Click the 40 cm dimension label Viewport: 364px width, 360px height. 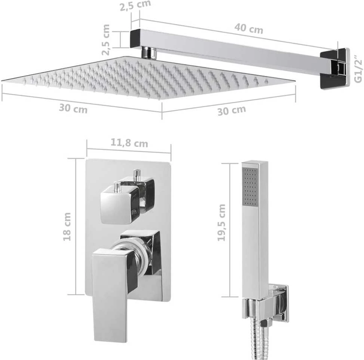(249, 28)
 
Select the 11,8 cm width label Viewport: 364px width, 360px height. (129, 143)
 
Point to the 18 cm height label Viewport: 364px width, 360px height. (67, 226)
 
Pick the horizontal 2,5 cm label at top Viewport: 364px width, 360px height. (135, 5)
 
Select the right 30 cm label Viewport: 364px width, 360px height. (232, 111)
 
